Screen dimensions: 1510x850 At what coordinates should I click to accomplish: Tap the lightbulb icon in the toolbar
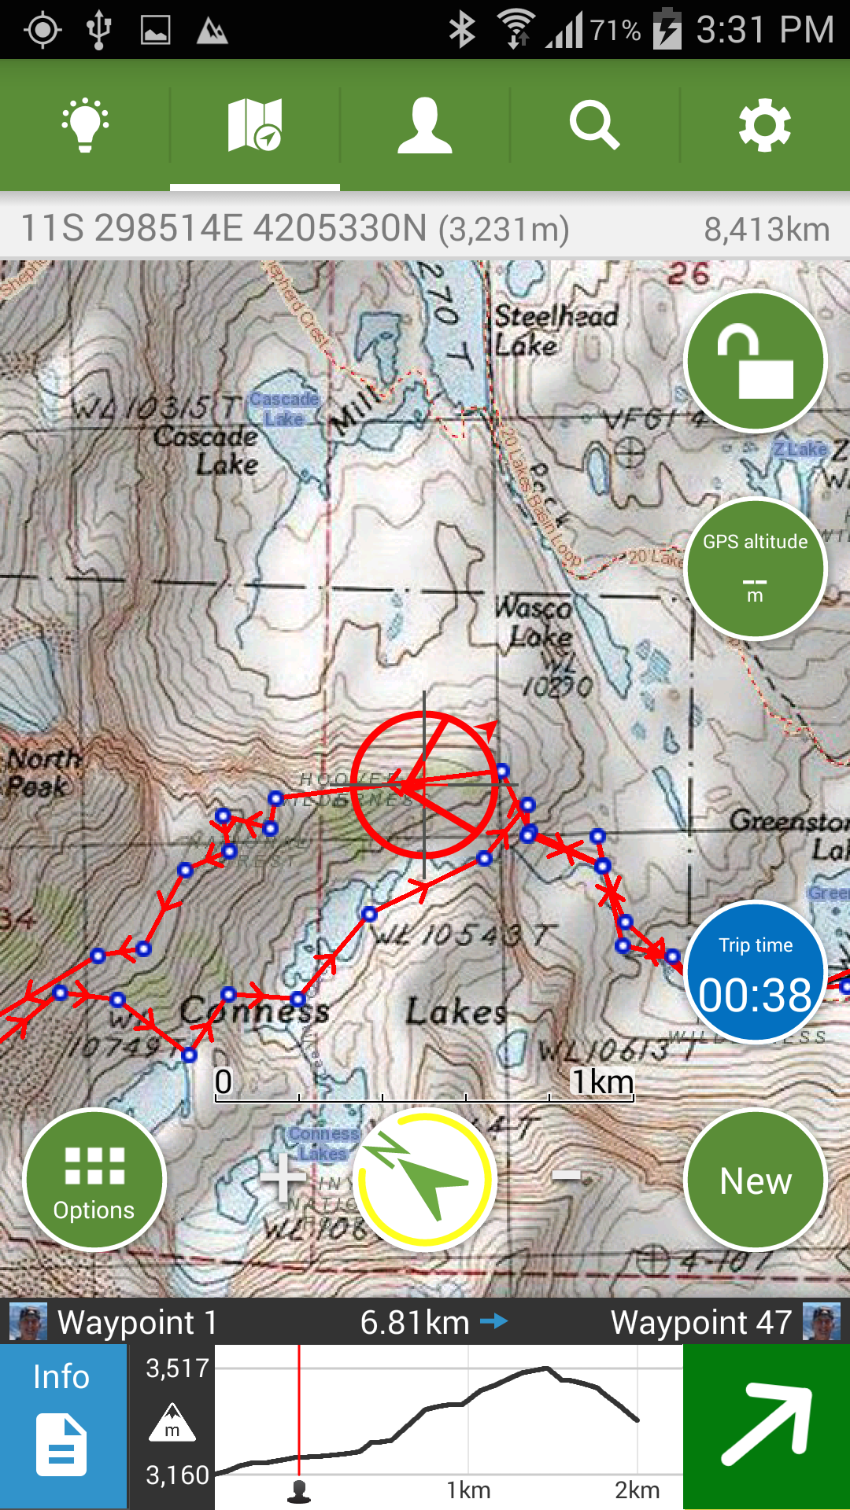[x=85, y=125]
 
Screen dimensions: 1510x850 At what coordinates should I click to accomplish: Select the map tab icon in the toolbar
[x=254, y=125]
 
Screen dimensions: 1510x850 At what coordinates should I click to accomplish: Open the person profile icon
[x=425, y=125]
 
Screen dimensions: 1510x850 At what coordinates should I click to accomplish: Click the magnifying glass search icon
[x=594, y=125]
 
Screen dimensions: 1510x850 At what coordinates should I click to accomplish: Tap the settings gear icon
[x=764, y=125]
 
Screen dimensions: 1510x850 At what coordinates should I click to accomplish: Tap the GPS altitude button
[x=755, y=568]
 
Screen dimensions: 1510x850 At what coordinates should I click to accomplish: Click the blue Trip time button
[x=755, y=973]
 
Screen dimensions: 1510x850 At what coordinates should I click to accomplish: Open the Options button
[x=94, y=1179]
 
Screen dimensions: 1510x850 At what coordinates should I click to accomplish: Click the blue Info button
[x=62, y=1426]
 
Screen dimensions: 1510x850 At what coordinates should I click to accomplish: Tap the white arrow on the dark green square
[x=767, y=1426]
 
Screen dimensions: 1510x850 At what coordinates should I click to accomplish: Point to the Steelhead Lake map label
[x=555, y=330]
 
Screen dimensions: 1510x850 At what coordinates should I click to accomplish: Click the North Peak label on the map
[x=42, y=773]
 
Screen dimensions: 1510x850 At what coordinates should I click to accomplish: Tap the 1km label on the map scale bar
[x=602, y=1081]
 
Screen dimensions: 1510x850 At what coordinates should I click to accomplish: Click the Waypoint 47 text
[x=701, y=1322]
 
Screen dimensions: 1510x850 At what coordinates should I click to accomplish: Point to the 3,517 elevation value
[x=178, y=1368]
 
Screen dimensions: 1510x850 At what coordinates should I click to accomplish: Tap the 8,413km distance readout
[x=766, y=230]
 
